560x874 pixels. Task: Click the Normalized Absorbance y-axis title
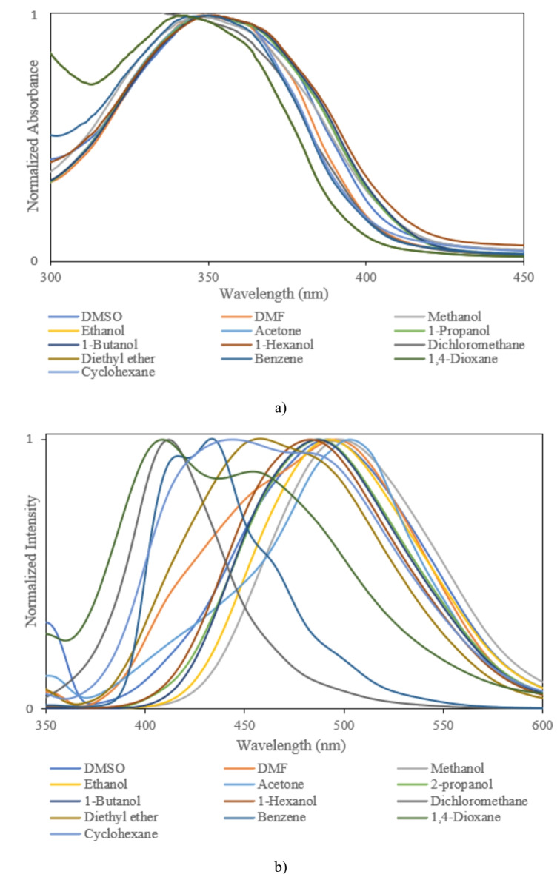point(33,137)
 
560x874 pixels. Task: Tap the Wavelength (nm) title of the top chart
point(273,293)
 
